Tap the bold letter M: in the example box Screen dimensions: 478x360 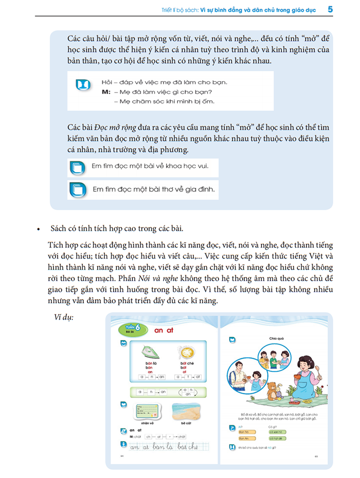pos(106,92)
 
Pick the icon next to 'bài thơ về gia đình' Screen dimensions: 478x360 pos(76,190)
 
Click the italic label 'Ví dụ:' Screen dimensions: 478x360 pos(64,317)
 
